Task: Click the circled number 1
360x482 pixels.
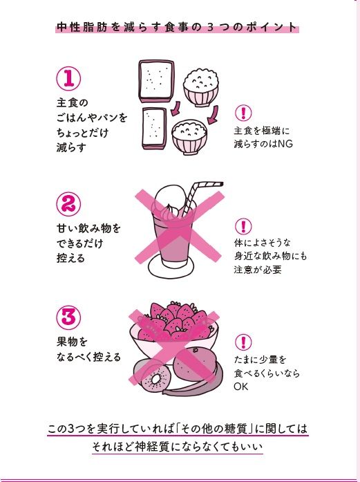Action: point(69,79)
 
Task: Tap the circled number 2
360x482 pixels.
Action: point(69,204)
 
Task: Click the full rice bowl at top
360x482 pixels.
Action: point(201,85)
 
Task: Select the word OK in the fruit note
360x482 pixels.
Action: point(241,387)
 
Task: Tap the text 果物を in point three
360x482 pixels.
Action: point(73,342)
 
